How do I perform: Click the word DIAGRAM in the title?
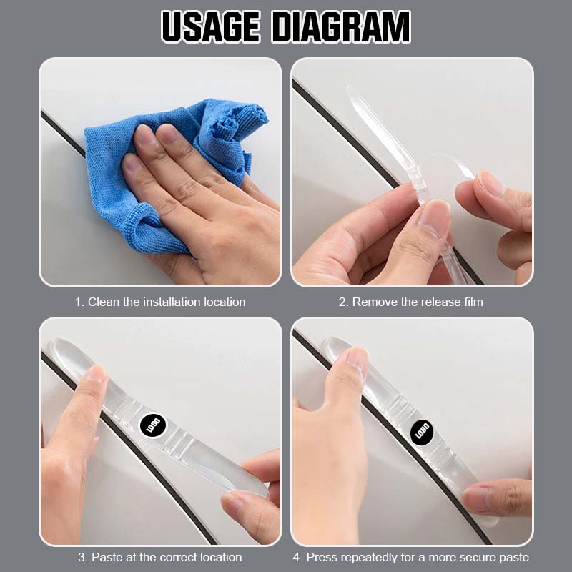coord(341,27)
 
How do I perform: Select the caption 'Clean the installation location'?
coord(167,302)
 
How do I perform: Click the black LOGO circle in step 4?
coord(422,431)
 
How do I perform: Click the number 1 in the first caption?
coord(79,302)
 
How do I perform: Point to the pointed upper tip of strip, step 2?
coord(350,89)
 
